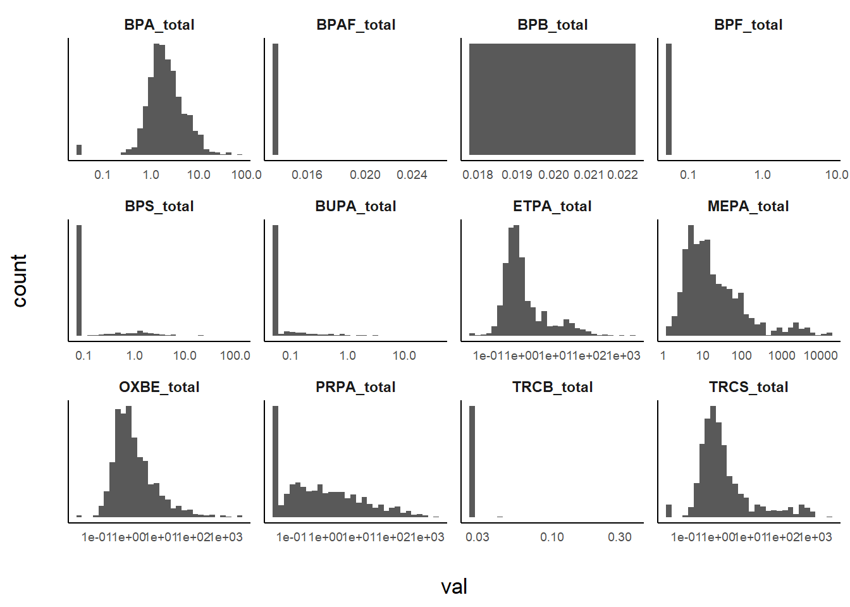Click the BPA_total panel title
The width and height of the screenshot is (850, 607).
(x=159, y=25)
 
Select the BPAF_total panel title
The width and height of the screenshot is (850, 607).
(x=355, y=25)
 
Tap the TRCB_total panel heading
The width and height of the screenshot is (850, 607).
(x=552, y=387)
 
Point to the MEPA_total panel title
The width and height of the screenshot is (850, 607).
(x=748, y=206)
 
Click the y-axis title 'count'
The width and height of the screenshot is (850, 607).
(x=20, y=281)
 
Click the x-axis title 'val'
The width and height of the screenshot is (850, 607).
(x=453, y=587)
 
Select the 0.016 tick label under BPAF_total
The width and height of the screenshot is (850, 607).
(x=307, y=175)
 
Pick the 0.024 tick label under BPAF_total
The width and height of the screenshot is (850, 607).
(x=412, y=175)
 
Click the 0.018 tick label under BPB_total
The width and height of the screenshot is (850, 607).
(x=477, y=175)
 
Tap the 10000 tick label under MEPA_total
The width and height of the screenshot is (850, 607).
(x=820, y=355)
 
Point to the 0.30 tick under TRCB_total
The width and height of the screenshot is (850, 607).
(x=619, y=537)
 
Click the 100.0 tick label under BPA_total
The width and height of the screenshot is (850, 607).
(x=246, y=175)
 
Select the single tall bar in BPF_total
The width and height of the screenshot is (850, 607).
(x=668, y=99)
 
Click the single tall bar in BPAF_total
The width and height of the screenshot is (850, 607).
(x=275, y=99)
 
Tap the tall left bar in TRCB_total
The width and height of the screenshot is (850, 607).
(x=472, y=462)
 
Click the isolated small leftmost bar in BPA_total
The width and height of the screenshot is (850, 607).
(x=79, y=150)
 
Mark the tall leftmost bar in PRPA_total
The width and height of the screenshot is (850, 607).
(x=275, y=462)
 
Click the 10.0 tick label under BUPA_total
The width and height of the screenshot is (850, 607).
(x=404, y=355)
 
